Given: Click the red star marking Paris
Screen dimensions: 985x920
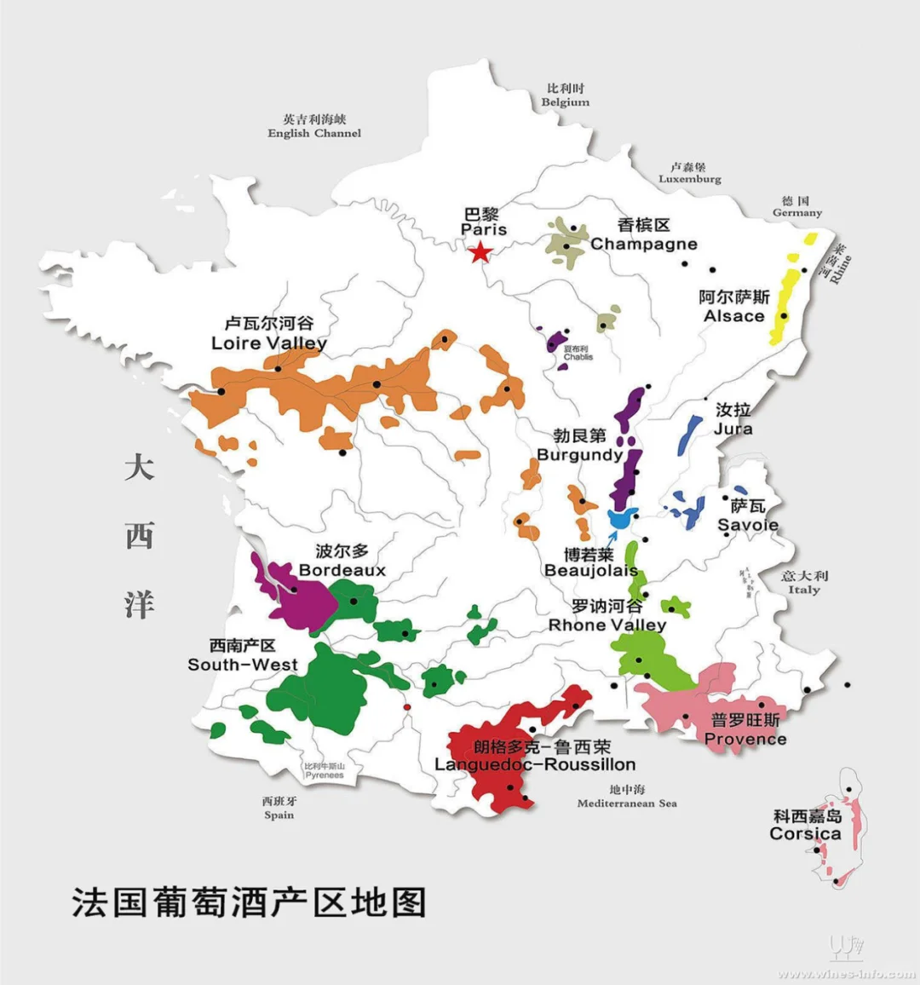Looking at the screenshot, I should tap(480, 251).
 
